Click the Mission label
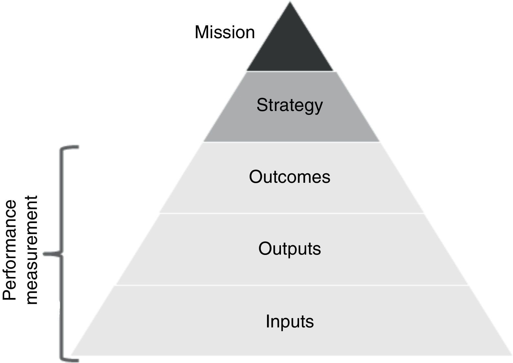[x=225, y=32]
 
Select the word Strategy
[x=290, y=105]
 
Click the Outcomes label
[x=290, y=177]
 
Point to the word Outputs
[x=290, y=249]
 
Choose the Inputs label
[x=290, y=321]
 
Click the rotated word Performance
[x=10, y=250]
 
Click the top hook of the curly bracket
[x=73, y=148]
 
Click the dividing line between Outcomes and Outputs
[x=291, y=213]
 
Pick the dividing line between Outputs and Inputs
[x=291, y=285]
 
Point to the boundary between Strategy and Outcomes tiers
[x=291, y=142]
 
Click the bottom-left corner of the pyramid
[x=72, y=355]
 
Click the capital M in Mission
[x=201, y=32]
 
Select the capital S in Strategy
[x=262, y=105]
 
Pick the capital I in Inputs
[x=268, y=321]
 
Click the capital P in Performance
[x=10, y=295]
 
